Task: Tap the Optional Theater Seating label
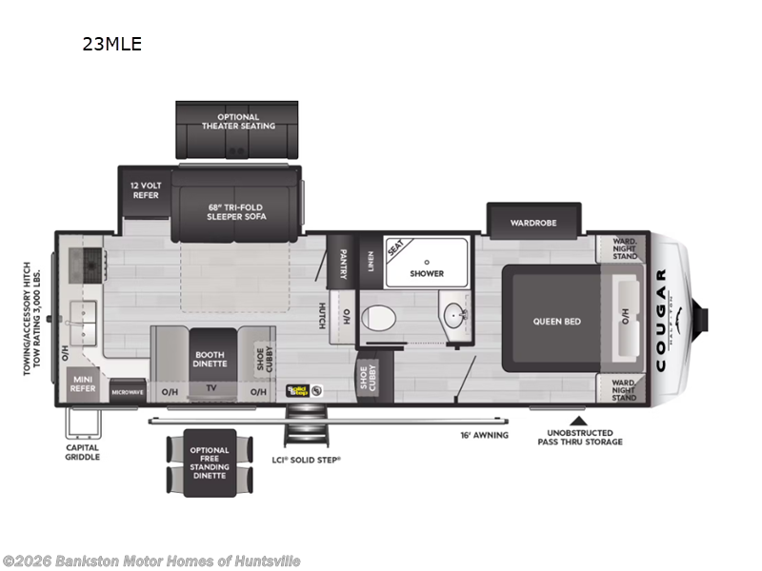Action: (x=238, y=121)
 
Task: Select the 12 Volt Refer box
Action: (x=146, y=189)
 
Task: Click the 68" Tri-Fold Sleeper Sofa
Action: (x=236, y=211)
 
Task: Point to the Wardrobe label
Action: (x=532, y=223)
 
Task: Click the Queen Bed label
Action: (x=556, y=322)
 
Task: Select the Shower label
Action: (x=427, y=273)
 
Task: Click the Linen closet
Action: (x=370, y=259)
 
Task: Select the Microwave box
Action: (x=127, y=391)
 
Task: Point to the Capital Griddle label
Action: (x=82, y=451)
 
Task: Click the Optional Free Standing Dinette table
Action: (x=210, y=463)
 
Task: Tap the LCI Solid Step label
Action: (x=306, y=460)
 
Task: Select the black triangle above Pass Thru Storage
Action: (x=576, y=419)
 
